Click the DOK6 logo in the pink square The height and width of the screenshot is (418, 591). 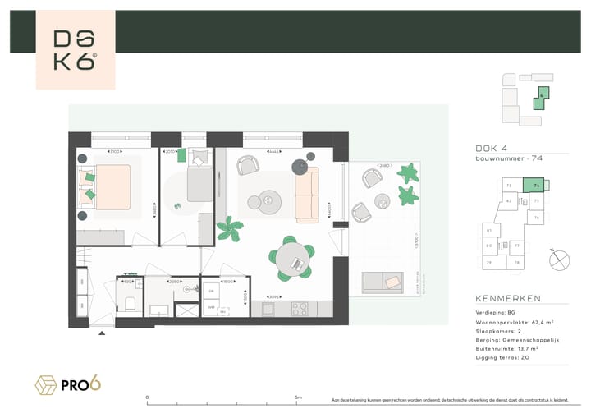76,49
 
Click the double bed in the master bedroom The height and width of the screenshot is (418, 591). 105,183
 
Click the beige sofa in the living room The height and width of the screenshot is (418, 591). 305,194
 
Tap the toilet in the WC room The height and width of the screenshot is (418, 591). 130,303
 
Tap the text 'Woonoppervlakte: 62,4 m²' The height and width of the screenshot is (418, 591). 518,322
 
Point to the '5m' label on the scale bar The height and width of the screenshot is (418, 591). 297,397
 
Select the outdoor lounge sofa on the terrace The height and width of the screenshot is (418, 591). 386,281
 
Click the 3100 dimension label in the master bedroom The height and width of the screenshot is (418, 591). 115,151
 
